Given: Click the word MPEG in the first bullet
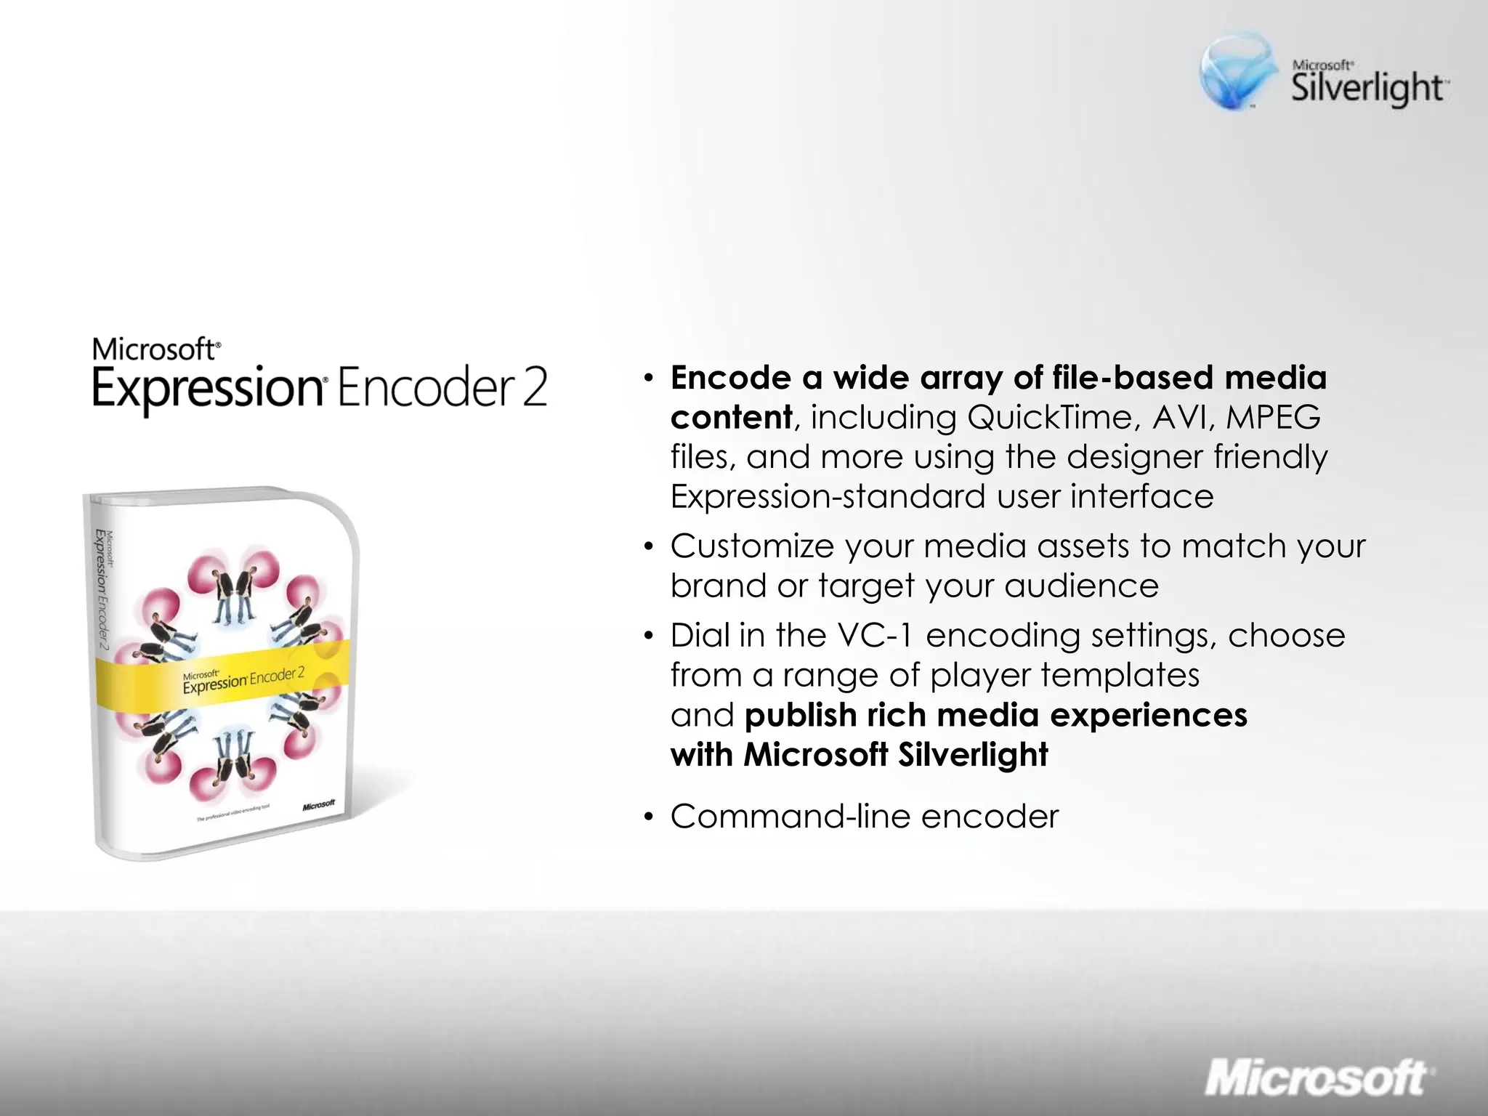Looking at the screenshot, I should coord(1273,418).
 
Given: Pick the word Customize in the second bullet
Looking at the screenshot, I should coord(751,546).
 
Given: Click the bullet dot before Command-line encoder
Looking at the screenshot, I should coord(649,817).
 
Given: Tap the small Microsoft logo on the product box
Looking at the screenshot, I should coord(318,804).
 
